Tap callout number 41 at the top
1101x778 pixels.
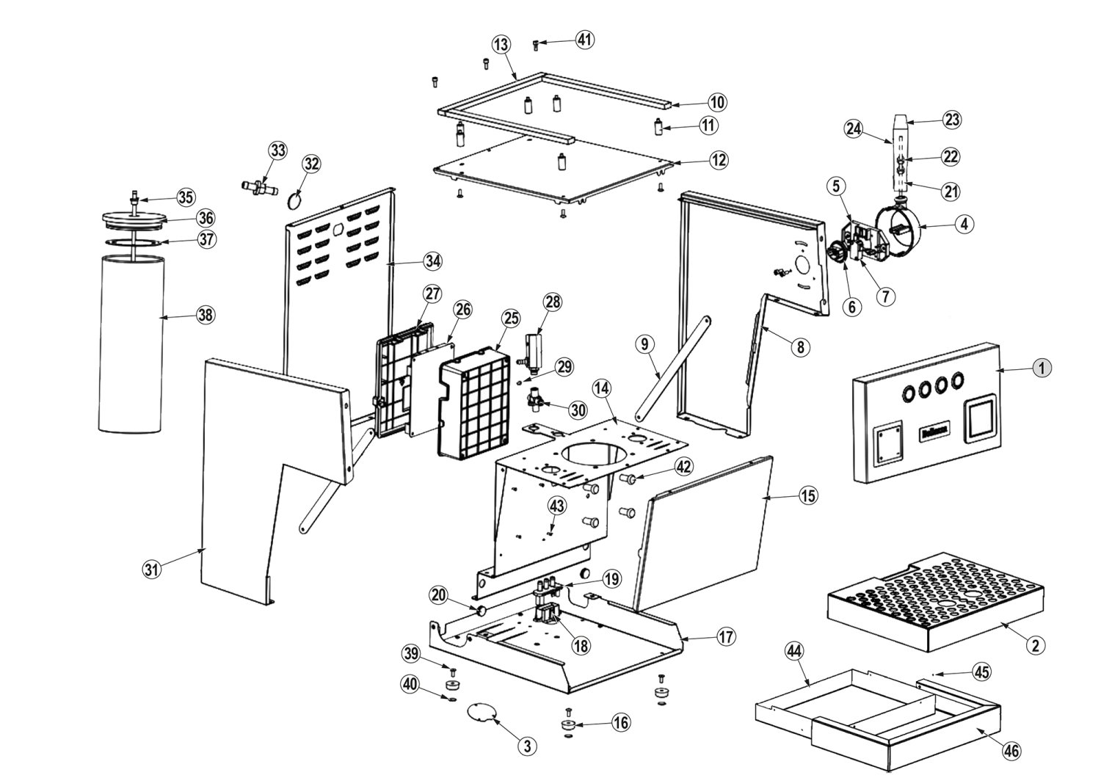pos(584,40)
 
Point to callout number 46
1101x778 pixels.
pos(1011,751)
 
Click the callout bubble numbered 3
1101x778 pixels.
pos(526,746)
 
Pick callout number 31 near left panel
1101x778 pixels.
pos(151,569)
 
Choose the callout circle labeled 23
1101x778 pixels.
pos(952,120)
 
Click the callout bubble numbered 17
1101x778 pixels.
pos(725,637)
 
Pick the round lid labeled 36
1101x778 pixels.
pos(132,218)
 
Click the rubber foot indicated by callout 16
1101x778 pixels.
pos(568,725)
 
